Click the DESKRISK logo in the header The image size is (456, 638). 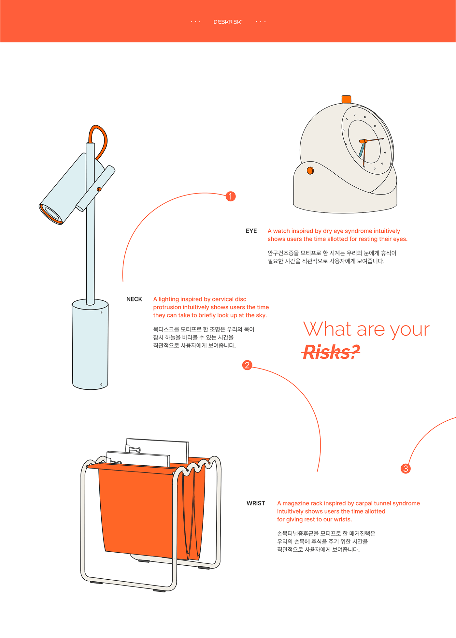pos(228,22)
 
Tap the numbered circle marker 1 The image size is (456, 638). pos(231,196)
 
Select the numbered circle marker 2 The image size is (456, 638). pos(247,365)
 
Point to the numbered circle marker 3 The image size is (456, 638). pos(406,469)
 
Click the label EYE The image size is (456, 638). pos(251,231)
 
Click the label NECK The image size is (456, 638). pos(134,299)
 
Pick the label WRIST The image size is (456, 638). pos(256,503)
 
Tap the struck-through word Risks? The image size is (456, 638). pos(331,352)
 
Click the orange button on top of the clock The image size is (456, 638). pos(346,99)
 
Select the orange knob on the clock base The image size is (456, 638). pos(310,170)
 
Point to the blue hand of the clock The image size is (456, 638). pos(362,150)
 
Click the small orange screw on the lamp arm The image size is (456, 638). pos(99,189)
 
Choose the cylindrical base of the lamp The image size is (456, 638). pos(90,345)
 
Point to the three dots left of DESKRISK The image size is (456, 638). pos(196,22)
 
